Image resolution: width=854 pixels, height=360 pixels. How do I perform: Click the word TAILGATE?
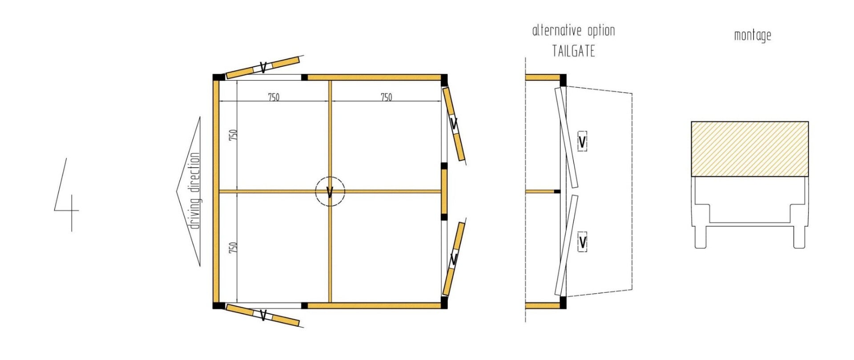tap(573, 51)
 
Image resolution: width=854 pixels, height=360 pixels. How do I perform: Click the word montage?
tap(752, 35)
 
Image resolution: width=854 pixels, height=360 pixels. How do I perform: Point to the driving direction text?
tap(195, 191)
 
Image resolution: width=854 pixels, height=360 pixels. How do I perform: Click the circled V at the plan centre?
tap(330, 192)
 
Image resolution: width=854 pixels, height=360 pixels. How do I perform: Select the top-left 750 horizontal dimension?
tap(274, 97)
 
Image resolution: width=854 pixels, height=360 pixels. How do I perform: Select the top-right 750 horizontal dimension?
tap(386, 97)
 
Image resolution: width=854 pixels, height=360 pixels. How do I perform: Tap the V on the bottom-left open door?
tap(263, 316)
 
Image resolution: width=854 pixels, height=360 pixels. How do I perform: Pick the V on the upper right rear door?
tap(454, 124)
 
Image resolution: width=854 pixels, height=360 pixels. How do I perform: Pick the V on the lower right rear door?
tap(454, 259)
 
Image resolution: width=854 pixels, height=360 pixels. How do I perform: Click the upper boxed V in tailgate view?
tap(582, 142)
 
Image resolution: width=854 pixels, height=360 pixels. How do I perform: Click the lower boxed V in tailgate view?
tap(582, 243)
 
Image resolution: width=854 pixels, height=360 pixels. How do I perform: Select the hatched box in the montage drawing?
tap(749, 149)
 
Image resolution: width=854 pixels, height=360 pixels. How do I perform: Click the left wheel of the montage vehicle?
tap(700, 237)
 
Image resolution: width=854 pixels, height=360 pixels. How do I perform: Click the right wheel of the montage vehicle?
tap(799, 237)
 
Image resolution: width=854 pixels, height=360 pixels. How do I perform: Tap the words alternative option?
tap(573, 31)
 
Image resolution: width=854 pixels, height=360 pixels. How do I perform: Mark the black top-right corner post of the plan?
tap(443, 78)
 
